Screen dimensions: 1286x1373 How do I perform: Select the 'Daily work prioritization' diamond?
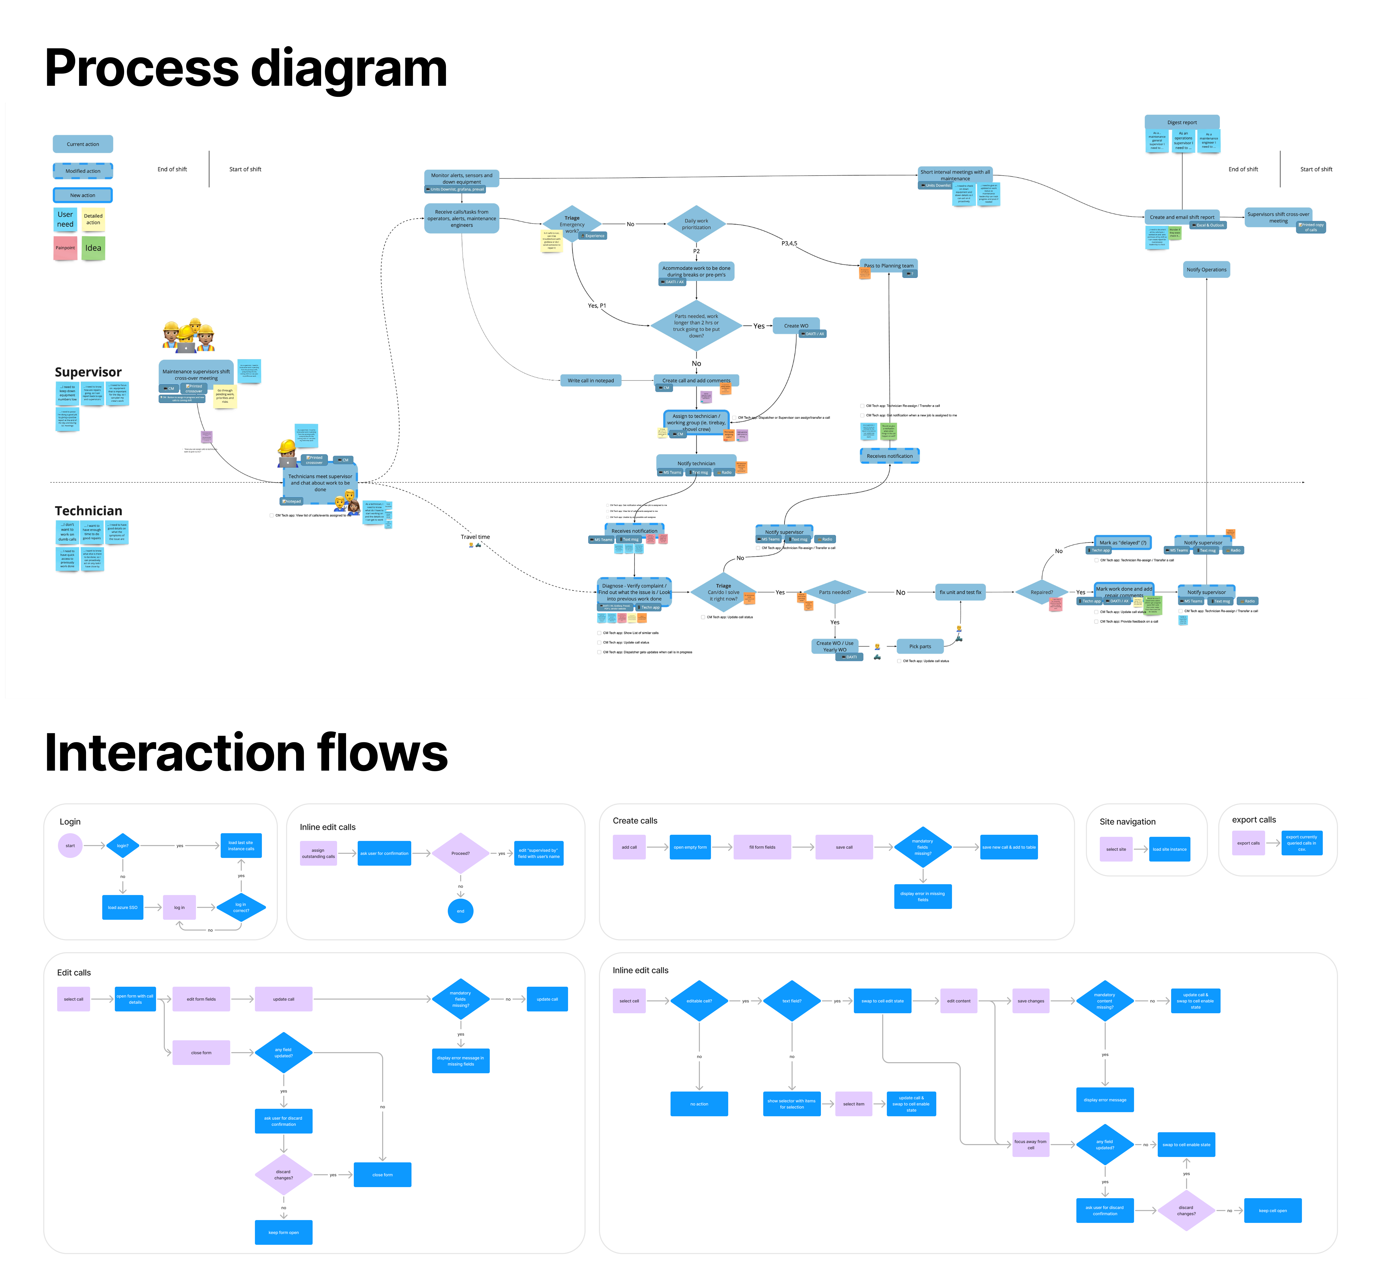(696, 224)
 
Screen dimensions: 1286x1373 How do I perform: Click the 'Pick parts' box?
(920, 646)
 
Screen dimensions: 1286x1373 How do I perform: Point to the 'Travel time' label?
(475, 537)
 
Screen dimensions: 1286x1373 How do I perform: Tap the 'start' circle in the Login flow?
(71, 845)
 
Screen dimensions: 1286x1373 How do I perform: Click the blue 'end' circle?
(461, 911)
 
